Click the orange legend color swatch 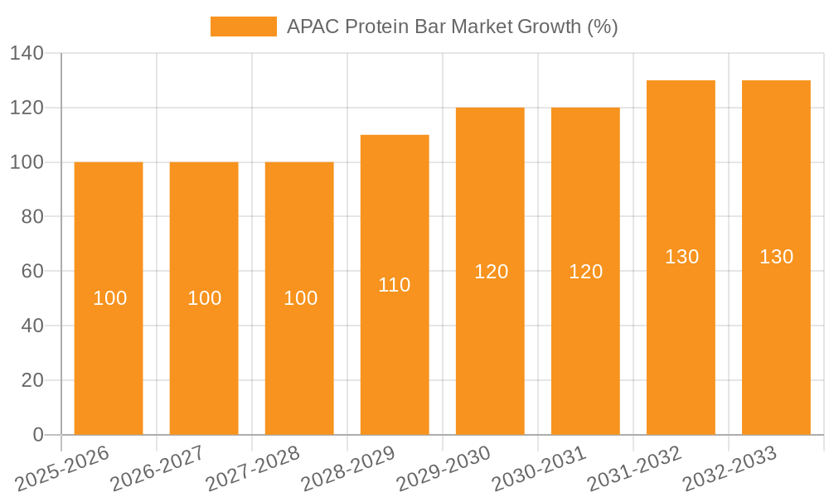point(243,27)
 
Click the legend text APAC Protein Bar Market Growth point(452,27)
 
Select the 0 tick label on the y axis point(38,435)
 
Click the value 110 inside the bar point(395,285)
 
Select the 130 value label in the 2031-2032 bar point(681,257)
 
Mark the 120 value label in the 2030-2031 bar point(585,272)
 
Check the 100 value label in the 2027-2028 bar point(300,298)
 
